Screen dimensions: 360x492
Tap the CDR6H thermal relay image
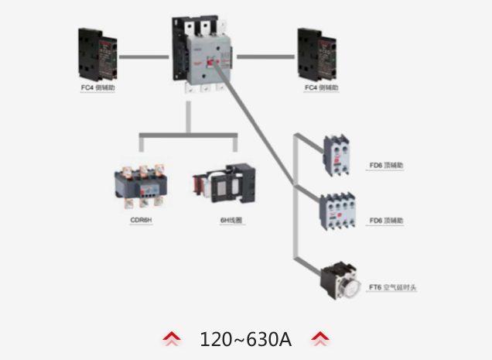140,186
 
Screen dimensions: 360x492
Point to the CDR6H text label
141,221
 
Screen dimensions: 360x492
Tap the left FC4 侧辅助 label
97,87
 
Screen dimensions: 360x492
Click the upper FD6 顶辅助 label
386,165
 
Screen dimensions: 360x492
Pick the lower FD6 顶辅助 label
386,221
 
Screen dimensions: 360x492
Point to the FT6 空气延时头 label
393,287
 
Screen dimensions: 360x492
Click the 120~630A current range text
245,339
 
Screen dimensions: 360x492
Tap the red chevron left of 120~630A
172,339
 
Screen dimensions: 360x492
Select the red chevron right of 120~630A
319,339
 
